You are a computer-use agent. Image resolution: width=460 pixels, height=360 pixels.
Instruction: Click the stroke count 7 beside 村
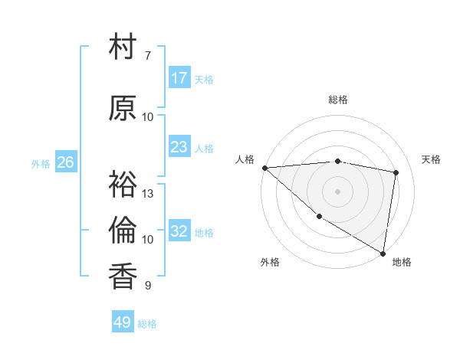pyautogui.click(x=147, y=56)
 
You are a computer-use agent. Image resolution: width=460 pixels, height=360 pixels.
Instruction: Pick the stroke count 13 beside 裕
pyautogui.click(x=148, y=193)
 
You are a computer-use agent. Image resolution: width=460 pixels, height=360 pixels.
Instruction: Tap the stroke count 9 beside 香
pyautogui.click(x=147, y=286)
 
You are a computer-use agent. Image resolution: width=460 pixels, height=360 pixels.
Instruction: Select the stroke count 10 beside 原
pyautogui.click(x=148, y=116)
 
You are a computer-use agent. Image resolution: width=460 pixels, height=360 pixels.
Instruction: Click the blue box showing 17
pyautogui.click(x=179, y=77)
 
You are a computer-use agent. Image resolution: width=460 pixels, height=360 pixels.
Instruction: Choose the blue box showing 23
pyautogui.click(x=179, y=146)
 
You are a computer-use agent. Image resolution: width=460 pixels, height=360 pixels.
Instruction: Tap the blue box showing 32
pyautogui.click(x=179, y=231)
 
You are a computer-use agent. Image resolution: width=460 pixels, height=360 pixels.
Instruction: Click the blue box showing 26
pyautogui.click(x=65, y=162)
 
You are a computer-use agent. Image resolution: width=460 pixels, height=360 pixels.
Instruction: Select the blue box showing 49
pyautogui.click(x=123, y=322)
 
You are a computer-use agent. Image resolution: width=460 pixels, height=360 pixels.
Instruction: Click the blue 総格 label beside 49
pyautogui.click(x=147, y=324)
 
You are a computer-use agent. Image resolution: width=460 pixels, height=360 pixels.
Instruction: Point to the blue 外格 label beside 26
pyautogui.click(x=41, y=163)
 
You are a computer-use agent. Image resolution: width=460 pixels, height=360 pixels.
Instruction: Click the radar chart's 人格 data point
pyautogui.click(x=264, y=168)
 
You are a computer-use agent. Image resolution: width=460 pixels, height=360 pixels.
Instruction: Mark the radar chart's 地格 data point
pyautogui.click(x=383, y=252)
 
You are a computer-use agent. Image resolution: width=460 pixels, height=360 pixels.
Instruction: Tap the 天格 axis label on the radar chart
pyautogui.click(x=432, y=159)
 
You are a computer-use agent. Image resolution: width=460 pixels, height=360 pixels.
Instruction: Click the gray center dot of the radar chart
pyautogui.click(x=337, y=190)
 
